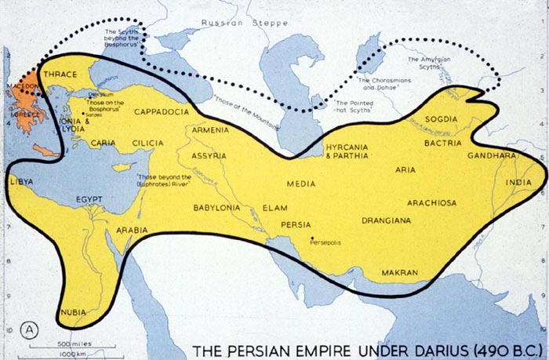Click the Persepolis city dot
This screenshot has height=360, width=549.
(x=313, y=238)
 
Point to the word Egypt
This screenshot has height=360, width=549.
(x=89, y=200)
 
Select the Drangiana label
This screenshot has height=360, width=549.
(x=386, y=220)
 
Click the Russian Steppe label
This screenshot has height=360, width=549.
(x=235, y=24)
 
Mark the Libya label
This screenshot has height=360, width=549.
(x=20, y=182)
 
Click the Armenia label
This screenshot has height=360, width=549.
(x=210, y=129)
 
